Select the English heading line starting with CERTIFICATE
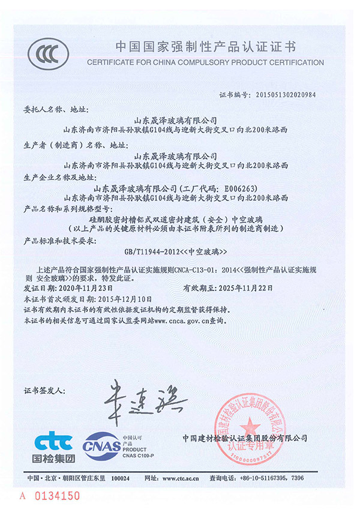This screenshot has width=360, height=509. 205,62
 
